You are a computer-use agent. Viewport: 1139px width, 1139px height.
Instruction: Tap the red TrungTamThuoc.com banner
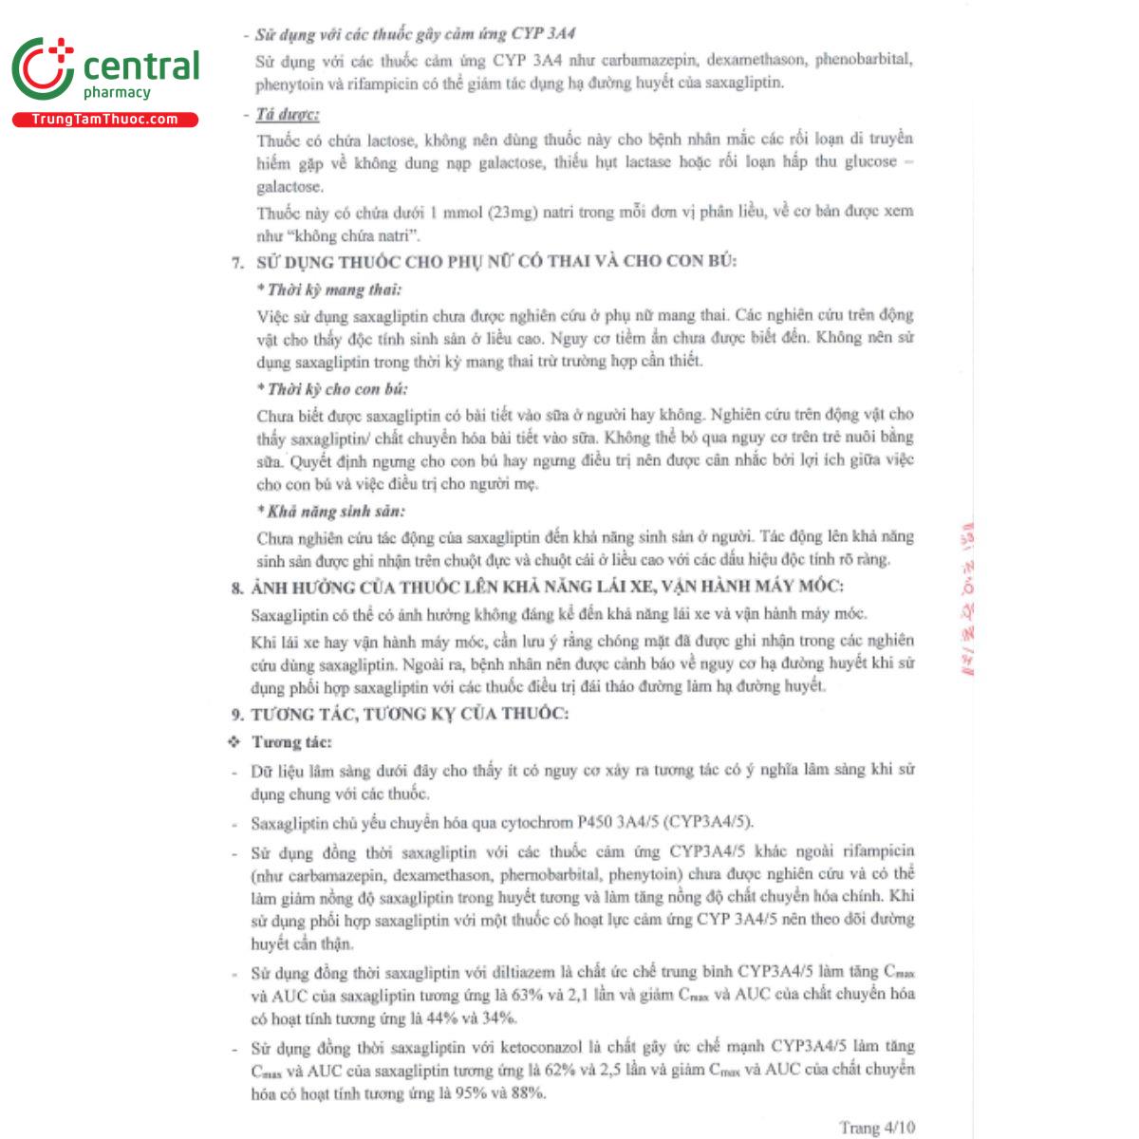coord(104,120)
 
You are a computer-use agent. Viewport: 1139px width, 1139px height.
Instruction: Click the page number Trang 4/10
coord(876,1127)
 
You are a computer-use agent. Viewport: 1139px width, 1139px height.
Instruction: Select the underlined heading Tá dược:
coord(288,115)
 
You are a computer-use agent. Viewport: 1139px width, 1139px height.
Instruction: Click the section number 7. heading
coord(237,262)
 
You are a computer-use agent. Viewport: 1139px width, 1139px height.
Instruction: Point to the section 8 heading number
coord(237,588)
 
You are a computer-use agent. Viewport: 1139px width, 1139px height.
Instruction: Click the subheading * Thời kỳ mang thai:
coord(328,289)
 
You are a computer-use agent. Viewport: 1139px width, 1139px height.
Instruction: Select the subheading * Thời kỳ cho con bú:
coord(332,389)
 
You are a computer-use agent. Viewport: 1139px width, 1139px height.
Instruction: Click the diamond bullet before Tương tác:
coord(234,741)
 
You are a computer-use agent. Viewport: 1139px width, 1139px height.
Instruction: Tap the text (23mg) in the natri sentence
coord(513,212)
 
